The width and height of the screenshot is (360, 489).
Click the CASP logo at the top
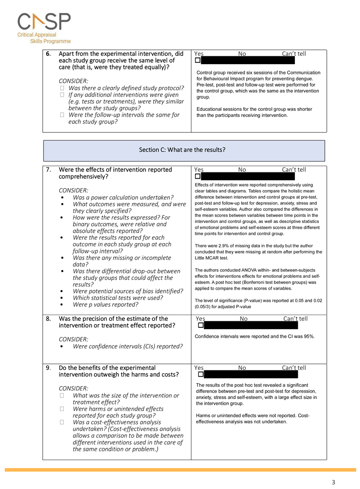coord(44,22)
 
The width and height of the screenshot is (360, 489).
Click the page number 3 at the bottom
coord(334,482)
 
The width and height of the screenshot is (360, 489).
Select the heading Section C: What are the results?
coord(184,150)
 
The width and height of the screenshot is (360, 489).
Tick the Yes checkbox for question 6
coord(197,60)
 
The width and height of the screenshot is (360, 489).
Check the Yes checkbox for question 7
coord(197,176)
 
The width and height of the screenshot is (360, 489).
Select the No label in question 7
coord(242,170)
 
